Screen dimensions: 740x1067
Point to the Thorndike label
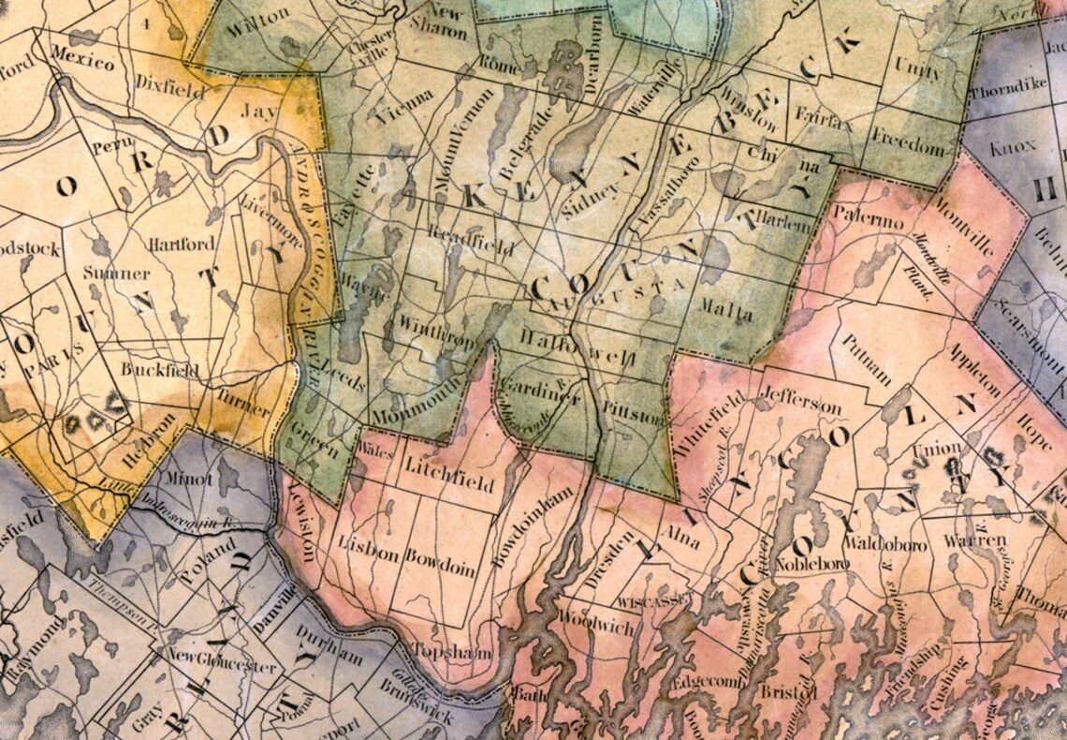click(1008, 92)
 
